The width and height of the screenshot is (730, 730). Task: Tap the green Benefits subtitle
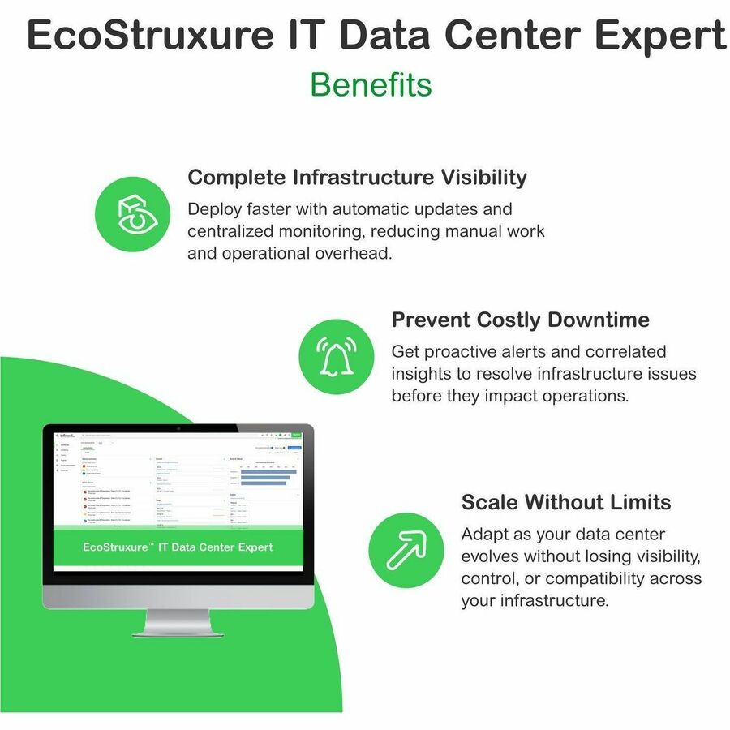pos(371,84)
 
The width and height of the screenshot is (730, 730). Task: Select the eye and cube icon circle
pos(133,213)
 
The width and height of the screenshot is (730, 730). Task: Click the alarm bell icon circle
pos(337,357)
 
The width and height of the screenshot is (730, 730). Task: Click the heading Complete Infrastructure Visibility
pos(357,177)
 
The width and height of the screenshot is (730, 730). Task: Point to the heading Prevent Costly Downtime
pos(520,320)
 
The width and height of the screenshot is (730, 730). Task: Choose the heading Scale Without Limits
pos(566,502)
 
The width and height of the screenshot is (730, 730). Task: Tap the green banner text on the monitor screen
pos(178,547)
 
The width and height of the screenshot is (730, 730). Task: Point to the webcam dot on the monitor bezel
pos(178,428)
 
